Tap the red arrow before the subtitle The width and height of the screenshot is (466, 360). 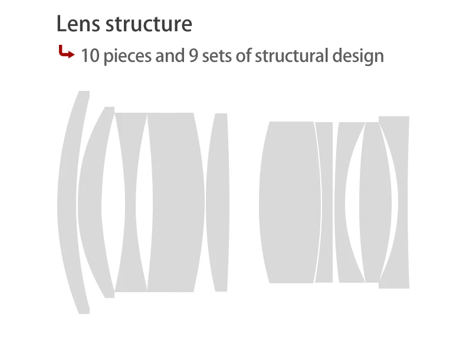point(66,54)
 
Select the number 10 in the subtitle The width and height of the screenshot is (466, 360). point(90,56)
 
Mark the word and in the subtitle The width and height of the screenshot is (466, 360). point(169,56)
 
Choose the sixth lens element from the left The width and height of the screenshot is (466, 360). point(290,201)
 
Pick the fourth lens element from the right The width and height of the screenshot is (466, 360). point(325,201)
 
